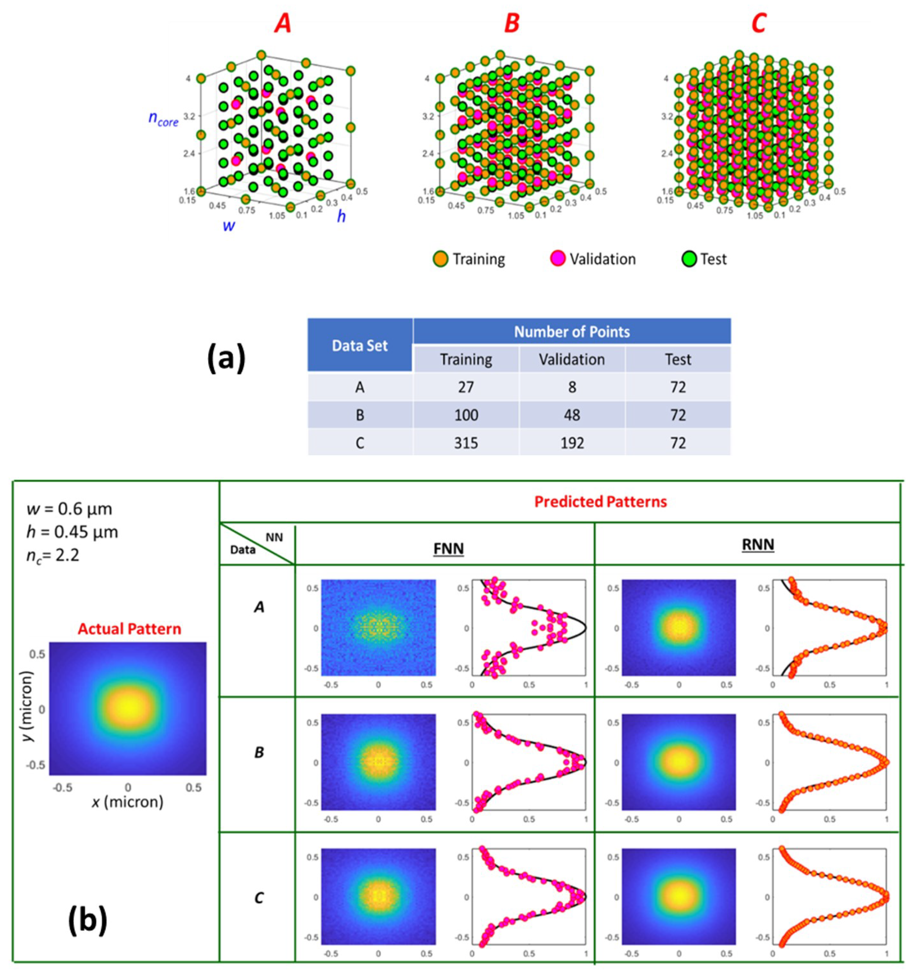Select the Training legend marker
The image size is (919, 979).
click(x=440, y=259)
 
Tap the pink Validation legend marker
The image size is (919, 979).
click(x=557, y=259)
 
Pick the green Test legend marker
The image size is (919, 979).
click(x=689, y=259)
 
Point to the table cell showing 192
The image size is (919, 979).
click(x=571, y=443)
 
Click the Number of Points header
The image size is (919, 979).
click(x=571, y=332)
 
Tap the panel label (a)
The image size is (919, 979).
click(x=226, y=359)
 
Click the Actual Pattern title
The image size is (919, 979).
click(x=129, y=629)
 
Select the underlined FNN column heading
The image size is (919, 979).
click(x=448, y=549)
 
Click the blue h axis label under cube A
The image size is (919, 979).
click(x=341, y=216)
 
